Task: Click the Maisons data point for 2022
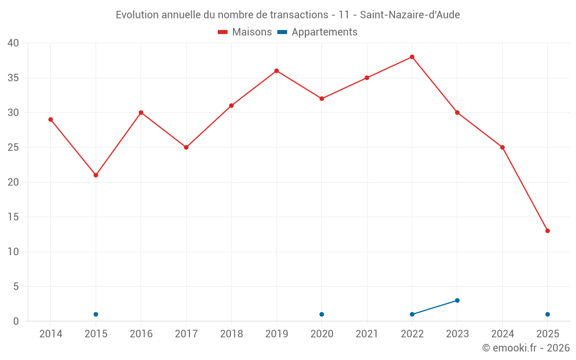click(412, 57)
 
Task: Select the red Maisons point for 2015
click(96, 175)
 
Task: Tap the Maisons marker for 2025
click(547, 231)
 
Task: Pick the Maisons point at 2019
click(276, 71)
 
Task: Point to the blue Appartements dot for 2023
click(457, 300)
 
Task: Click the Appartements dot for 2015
click(96, 314)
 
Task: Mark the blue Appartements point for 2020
click(321, 314)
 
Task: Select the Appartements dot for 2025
click(547, 314)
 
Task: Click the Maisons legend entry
click(245, 32)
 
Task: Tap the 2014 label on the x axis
click(51, 334)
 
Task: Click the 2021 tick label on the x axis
click(367, 334)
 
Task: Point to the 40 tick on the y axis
click(13, 43)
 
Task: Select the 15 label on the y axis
click(13, 217)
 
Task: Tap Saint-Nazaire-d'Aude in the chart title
click(410, 15)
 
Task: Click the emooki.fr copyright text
click(525, 348)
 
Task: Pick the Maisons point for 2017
click(186, 147)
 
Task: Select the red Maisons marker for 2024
click(502, 147)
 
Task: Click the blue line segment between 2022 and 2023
click(435, 308)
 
